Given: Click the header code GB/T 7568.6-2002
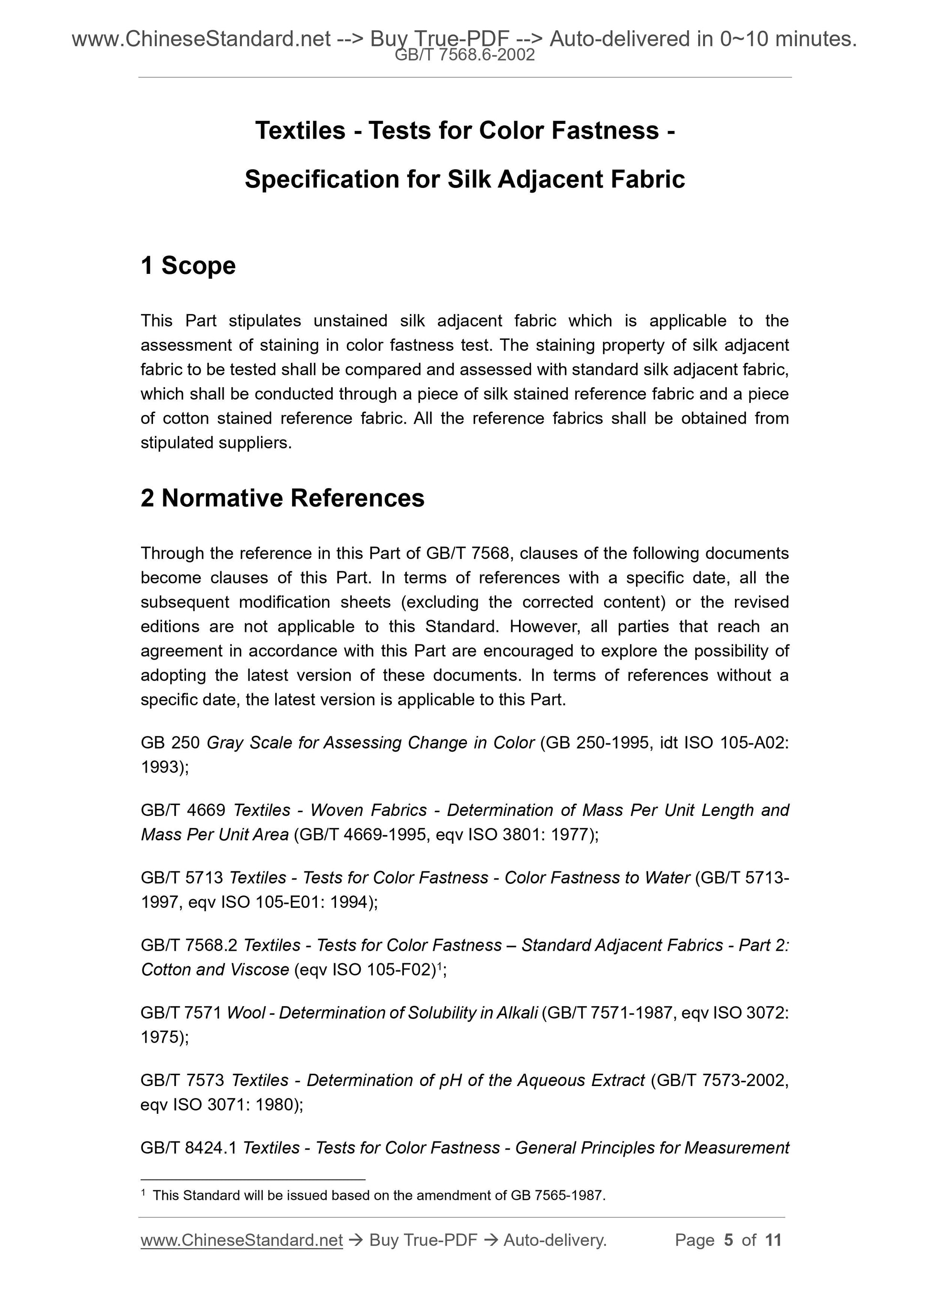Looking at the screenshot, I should point(465,55).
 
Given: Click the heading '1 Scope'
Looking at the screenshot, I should point(188,266).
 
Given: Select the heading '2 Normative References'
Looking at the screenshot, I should point(282,498).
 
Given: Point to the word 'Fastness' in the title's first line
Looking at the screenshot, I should point(605,131).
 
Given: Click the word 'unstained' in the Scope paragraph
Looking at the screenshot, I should point(350,321).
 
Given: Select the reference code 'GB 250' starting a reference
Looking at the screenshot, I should point(170,743).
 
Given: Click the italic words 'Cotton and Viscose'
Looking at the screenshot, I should point(215,970).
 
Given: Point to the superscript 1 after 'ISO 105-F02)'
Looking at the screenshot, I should point(439,966).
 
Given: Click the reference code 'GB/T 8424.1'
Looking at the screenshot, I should point(188,1148).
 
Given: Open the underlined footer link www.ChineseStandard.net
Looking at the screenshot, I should point(241,1240).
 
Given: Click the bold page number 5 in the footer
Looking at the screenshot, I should point(728,1240).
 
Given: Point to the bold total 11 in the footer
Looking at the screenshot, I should point(773,1240).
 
